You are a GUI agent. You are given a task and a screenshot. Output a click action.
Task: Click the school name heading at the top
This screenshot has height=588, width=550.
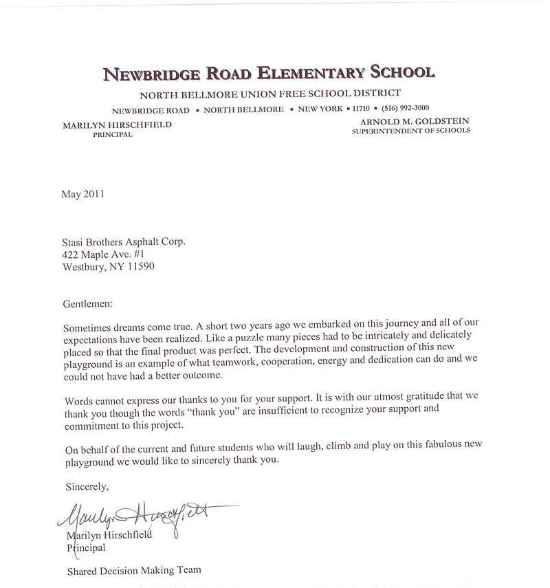coord(269,73)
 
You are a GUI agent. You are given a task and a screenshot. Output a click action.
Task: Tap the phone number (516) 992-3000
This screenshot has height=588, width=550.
coord(406,108)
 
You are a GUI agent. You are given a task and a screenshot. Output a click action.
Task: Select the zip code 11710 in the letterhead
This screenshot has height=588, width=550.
coord(361,108)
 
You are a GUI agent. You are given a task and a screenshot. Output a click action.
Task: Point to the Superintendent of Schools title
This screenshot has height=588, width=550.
coord(411,130)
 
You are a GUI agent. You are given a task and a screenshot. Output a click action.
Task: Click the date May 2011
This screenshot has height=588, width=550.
coord(82,194)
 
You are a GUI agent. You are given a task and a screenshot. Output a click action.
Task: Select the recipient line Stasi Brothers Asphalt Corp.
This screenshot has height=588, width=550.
coord(124,241)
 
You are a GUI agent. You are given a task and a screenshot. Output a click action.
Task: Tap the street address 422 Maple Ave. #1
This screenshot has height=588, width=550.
coord(109,254)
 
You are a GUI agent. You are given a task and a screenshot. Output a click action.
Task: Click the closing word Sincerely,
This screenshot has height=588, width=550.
coord(87,487)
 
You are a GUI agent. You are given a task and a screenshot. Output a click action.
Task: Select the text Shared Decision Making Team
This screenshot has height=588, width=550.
coord(133,570)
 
